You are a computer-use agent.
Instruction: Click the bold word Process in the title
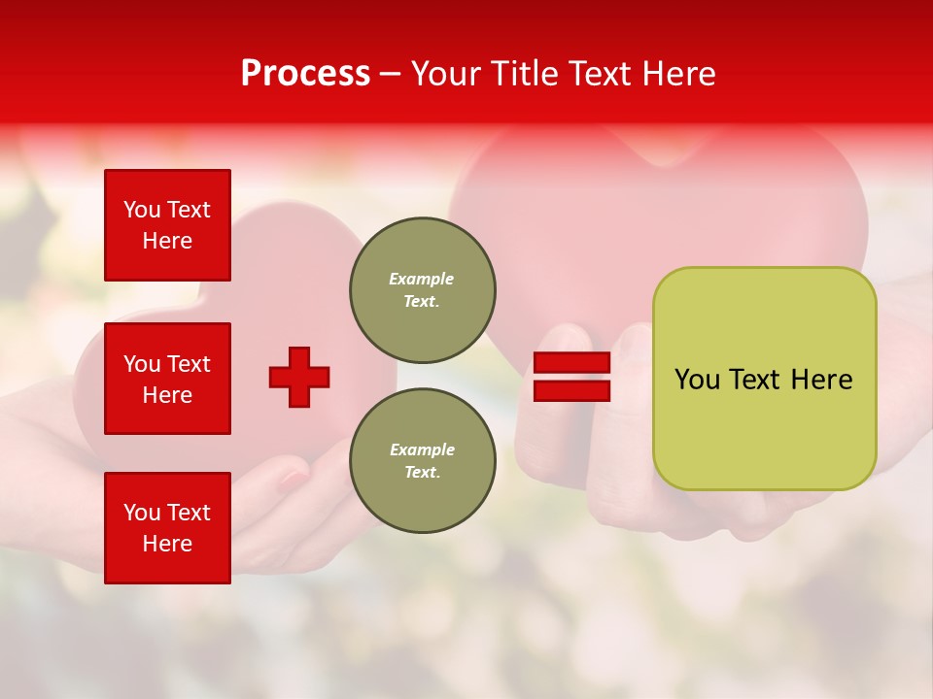point(305,74)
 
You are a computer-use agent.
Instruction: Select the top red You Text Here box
point(167,225)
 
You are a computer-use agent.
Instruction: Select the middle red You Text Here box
point(167,379)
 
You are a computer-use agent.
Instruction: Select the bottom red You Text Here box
point(167,528)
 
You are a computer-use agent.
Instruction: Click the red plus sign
point(299,377)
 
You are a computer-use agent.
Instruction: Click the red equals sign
point(571,377)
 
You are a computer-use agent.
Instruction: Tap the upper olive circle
point(423,290)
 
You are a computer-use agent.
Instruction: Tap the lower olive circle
point(423,461)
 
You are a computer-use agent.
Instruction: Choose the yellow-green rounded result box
point(764,379)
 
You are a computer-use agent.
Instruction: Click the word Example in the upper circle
point(422,279)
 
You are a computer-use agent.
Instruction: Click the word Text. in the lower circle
point(422,473)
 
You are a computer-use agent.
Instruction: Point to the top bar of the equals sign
point(571,362)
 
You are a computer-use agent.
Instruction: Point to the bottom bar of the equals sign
point(571,390)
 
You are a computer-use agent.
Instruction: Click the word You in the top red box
point(142,210)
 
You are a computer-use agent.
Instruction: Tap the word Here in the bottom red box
point(167,544)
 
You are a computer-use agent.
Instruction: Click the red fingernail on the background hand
point(293,478)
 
